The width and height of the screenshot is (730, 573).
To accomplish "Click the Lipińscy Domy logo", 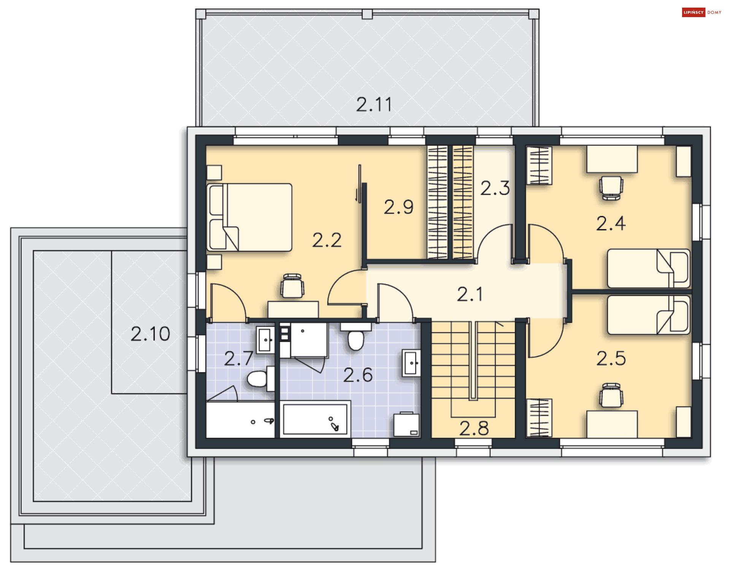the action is tap(701, 13).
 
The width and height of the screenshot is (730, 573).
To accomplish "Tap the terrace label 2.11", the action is tap(374, 105).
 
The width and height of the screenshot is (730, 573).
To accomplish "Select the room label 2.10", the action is tap(150, 334).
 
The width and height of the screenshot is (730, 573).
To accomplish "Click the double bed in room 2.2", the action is tap(249, 217).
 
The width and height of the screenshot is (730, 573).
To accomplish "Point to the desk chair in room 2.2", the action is tap(292, 285).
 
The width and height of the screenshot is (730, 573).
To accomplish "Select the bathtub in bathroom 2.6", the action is tap(315, 419).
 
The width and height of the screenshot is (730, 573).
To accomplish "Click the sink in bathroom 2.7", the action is tap(265, 340).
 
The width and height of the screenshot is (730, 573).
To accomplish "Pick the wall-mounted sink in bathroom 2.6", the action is tap(411, 363).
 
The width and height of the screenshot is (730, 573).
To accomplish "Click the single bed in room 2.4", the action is tap(649, 268).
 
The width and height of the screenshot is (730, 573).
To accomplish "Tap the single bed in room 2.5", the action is tap(649, 315).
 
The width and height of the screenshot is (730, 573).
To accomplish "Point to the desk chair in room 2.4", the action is tap(611, 188).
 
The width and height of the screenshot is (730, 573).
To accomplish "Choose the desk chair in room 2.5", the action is tap(611, 395).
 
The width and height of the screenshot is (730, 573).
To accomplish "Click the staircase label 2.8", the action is tap(474, 428).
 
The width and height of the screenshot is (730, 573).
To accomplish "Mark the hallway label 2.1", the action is tap(470, 294).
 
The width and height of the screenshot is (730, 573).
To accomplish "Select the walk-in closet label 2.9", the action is tap(398, 207).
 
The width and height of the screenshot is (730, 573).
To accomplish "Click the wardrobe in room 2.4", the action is tap(539, 166).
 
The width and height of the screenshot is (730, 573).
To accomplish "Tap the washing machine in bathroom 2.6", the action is tap(406, 424).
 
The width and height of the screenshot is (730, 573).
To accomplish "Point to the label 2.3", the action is tap(495, 188).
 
